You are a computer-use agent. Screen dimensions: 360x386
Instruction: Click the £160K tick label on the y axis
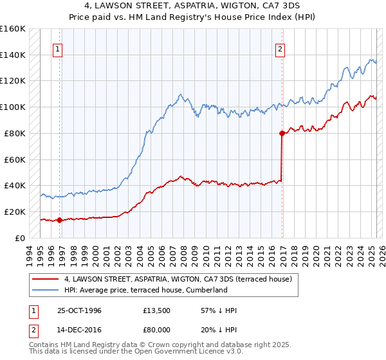[x=13, y=29]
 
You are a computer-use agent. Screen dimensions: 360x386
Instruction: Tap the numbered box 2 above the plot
[x=280, y=49]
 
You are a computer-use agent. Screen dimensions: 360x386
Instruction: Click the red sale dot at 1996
[x=59, y=220]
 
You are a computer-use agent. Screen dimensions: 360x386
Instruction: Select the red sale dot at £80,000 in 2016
[x=282, y=134]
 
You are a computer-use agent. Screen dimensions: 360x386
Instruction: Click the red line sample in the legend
[x=46, y=279]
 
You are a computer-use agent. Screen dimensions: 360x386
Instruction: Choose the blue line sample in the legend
[x=46, y=290]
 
